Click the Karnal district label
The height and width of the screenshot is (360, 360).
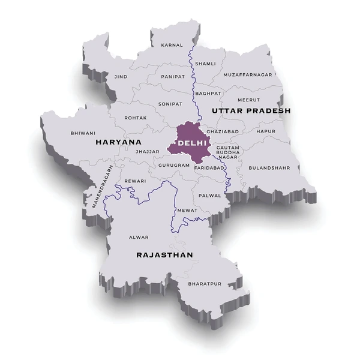tap(171, 45)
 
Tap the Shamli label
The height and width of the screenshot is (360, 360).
tap(205, 64)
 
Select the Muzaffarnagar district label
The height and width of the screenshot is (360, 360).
tap(248, 74)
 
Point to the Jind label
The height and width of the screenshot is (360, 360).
tap(120, 77)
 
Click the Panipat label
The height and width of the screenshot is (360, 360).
tap(173, 77)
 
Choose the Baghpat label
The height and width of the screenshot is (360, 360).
tap(208, 94)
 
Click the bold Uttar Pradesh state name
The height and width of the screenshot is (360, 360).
tap(250, 111)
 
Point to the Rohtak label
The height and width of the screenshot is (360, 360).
tap(135, 118)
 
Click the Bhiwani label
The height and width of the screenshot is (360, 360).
tap(83, 133)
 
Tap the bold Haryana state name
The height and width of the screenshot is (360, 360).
tap(118, 142)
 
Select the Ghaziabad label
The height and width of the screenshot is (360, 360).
tap(223, 131)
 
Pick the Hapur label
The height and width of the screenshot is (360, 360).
tap(266, 131)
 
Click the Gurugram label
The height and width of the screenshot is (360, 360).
tap(174, 165)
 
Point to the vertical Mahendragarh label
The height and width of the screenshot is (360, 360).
tap(102, 187)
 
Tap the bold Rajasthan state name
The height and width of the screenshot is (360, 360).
tap(164, 255)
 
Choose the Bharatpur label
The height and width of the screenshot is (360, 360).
tap(205, 283)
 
